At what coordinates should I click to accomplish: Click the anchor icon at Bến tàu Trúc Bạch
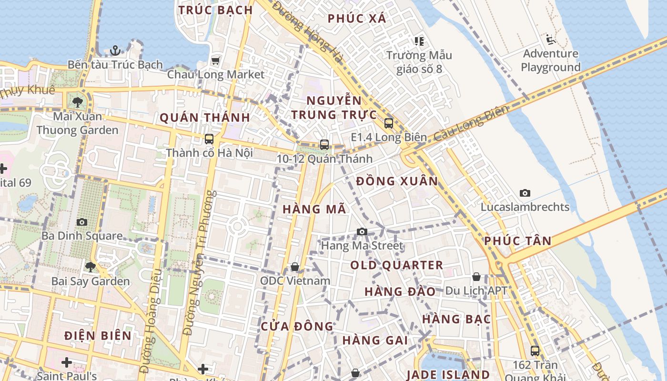pos(115,50)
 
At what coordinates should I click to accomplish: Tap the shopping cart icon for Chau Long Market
pos(215,60)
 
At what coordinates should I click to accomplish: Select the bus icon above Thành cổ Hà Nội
pos(209,139)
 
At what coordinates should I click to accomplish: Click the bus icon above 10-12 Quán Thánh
pos(324,144)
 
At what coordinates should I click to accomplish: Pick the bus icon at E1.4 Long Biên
pos(389,123)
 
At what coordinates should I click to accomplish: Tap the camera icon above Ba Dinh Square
pos(82,222)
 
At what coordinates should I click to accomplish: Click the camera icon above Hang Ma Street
pos(362,232)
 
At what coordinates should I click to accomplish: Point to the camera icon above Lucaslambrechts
pos(525,193)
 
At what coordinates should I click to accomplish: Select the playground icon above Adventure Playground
pos(551,39)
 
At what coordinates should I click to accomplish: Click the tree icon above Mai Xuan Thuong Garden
pos(78,102)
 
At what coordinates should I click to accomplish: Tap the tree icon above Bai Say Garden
pos(91,267)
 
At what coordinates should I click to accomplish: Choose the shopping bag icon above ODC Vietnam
pos(295,267)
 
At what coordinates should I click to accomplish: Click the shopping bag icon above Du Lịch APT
pos(476,277)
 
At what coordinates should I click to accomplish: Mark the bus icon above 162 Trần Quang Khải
pos(535,351)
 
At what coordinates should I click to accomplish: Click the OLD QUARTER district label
pos(397,265)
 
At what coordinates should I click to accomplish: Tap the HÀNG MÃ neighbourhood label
pos(314,209)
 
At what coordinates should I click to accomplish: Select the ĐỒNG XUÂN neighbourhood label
pos(397,181)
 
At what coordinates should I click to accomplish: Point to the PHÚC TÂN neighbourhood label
pos(518,241)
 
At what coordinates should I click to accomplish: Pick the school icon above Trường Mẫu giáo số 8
pos(419,41)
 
